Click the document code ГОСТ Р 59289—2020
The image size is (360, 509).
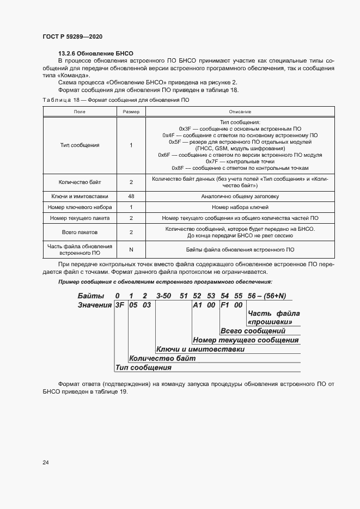[x=72, y=36]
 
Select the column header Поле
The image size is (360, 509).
[x=80, y=111]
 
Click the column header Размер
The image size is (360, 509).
[x=131, y=111]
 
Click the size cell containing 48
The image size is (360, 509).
[x=131, y=196]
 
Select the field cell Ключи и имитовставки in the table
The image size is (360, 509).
[x=80, y=196]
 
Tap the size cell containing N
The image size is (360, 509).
[x=131, y=249]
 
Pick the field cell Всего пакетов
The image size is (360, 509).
[x=80, y=232]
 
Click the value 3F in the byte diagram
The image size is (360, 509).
[x=119, y=305]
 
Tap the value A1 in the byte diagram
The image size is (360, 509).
[x=198, y=305]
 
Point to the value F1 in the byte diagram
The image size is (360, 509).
[x=224, y=305]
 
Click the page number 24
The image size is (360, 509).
[x=46, y=463]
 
